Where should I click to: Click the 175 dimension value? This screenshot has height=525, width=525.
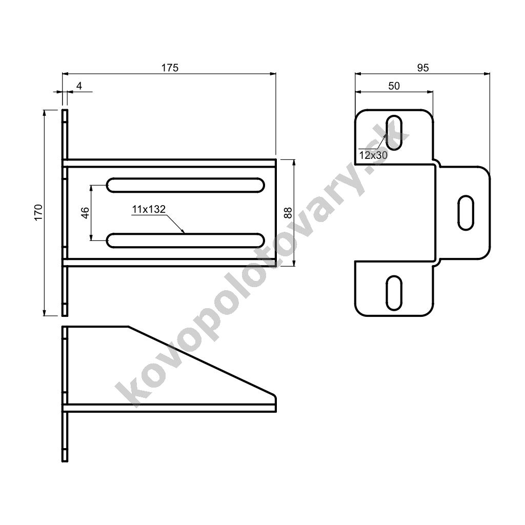click(x=170, y=68)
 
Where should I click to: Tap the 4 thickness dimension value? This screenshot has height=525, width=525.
click(x=79, y=86)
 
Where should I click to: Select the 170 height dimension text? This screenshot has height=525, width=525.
click(x=38, y=212)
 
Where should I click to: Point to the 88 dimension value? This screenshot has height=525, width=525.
click(x=288, y=213)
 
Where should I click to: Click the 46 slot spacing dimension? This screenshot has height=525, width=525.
click(x=86, y=213)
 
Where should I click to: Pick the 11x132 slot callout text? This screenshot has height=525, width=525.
click(x=149, y=209)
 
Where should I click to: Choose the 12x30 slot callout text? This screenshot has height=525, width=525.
click(x=373, y=155)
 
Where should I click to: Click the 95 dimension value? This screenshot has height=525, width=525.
click(x=423, y=68)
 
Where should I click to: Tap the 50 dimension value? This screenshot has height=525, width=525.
click(x=394, y=86)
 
